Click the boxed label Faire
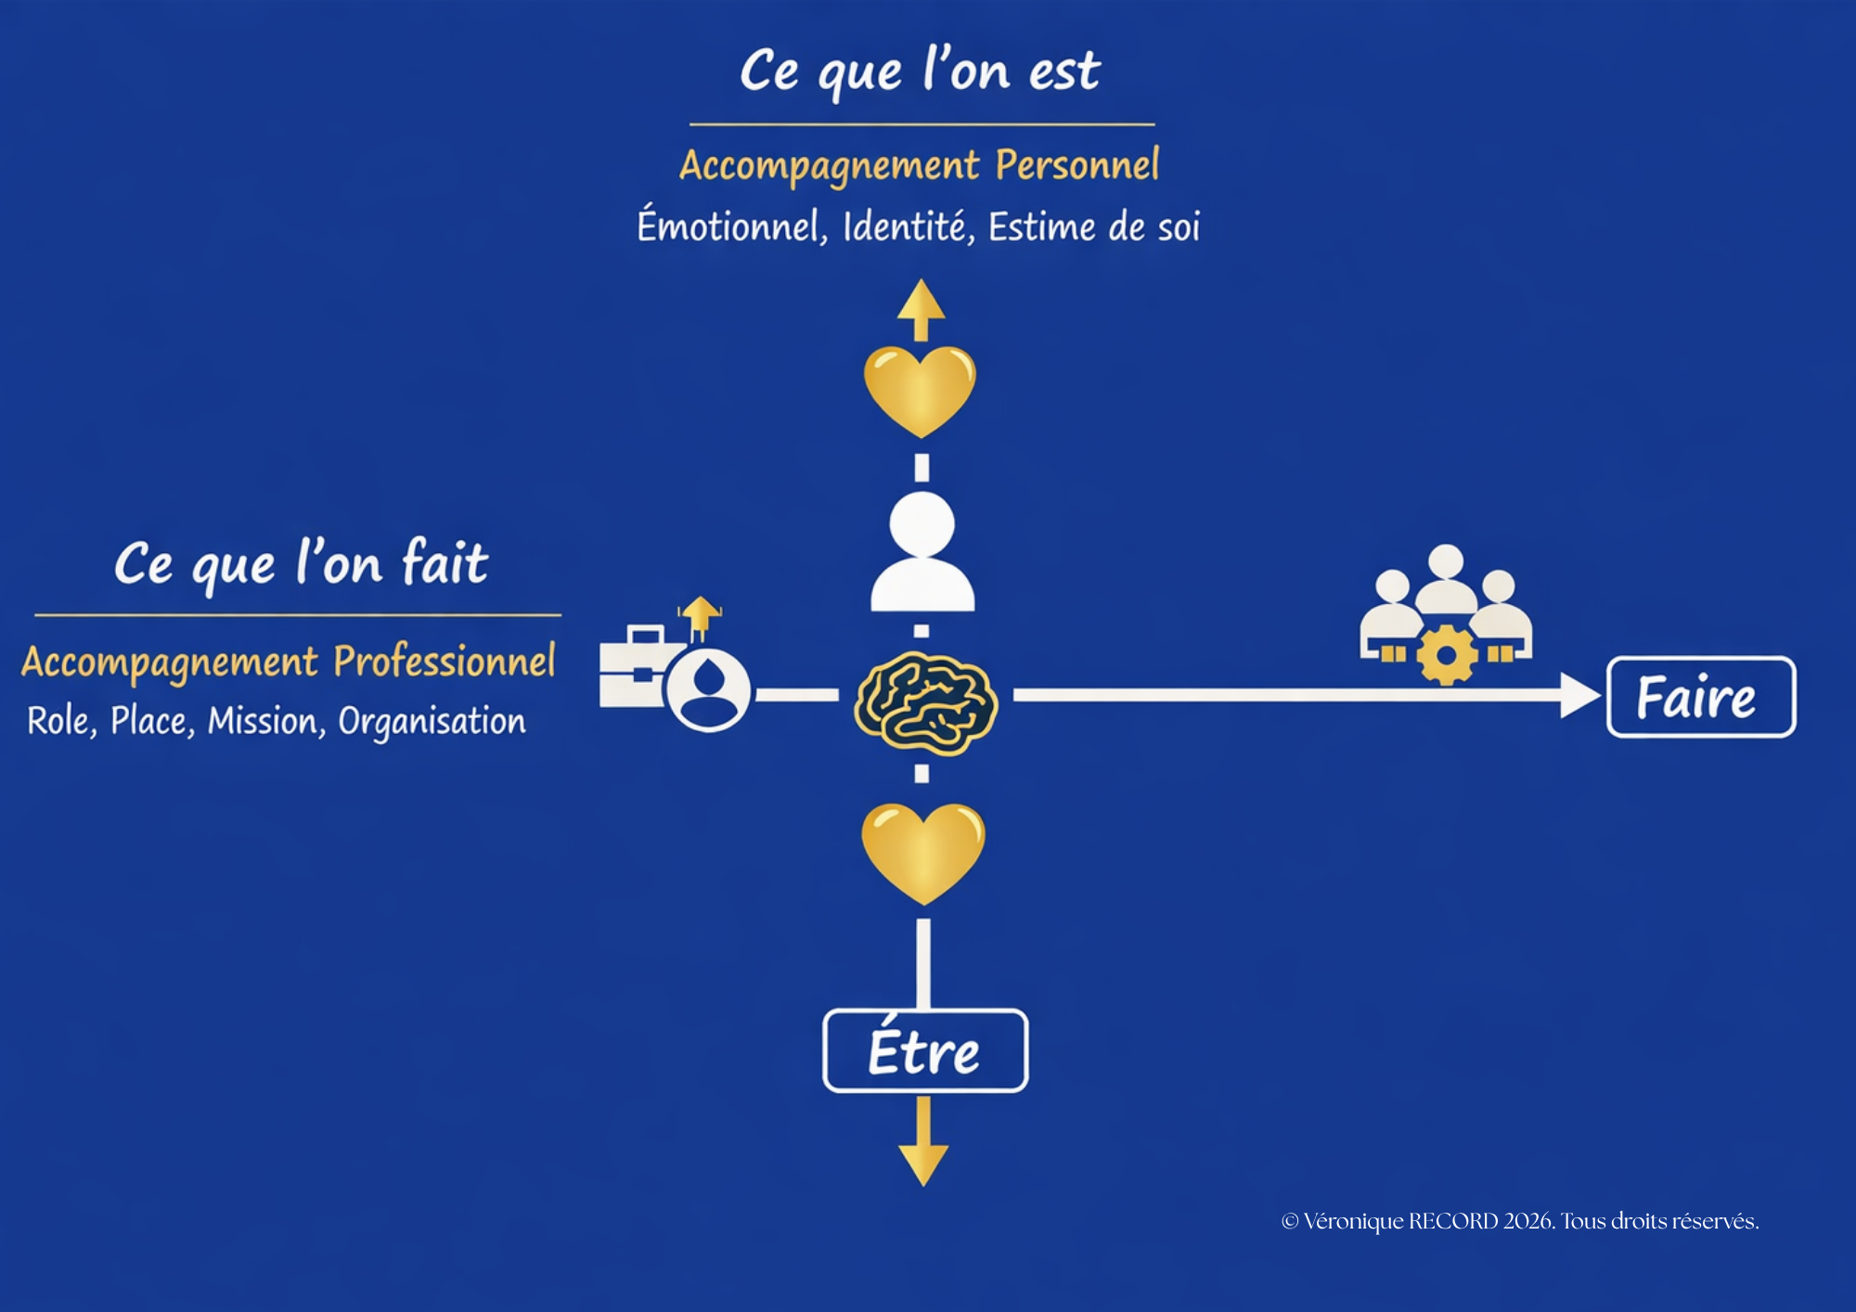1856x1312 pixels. point(1700,697)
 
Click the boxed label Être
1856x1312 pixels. point(924,1050)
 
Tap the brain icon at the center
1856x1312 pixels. point(925,701)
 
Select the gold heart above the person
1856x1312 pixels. point(920,389)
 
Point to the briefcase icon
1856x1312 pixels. point(633,667)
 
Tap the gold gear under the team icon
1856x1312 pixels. point(1446,655)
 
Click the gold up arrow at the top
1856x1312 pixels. point(921,308)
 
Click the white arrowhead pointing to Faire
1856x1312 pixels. point(1579,695)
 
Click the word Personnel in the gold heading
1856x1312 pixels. point(1076,165)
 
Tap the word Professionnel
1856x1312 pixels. point(445,662)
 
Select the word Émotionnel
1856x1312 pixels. point(731,226)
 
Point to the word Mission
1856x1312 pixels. point(266,721)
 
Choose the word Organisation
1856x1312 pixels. point(432,722)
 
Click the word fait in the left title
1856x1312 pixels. point(445,562)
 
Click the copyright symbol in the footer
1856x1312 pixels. point(1289,1221)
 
